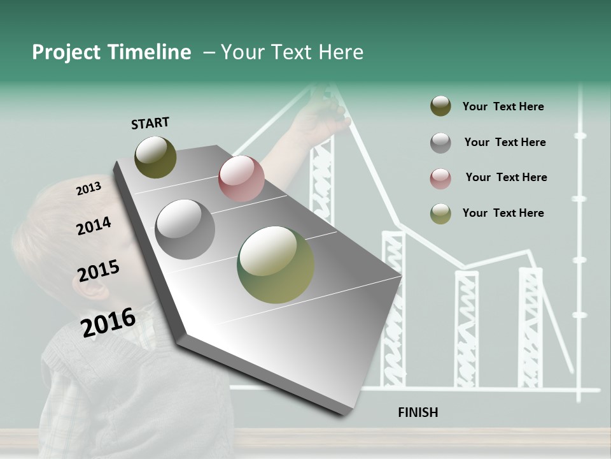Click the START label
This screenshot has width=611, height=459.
coord(150,123)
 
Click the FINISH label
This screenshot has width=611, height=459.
coord(418,412)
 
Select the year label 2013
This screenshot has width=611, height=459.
coord(88,189)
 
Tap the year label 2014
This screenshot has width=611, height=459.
coord(94,226)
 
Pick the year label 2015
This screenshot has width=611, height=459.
coord(99,271)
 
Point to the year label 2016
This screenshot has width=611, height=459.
coord(108,322)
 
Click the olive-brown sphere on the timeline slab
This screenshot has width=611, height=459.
coord(155,157)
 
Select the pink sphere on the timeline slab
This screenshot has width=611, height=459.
coord(241,178)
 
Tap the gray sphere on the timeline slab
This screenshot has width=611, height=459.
coord(185,229)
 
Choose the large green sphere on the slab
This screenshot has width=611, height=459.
coord(276,265)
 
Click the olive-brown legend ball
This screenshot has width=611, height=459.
coord(440,106)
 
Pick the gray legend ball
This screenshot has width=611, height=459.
coord(440,143)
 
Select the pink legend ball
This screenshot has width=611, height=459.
coord(440,178)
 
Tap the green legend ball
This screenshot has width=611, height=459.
coord(440,214)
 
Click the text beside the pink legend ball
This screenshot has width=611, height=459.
coord(506,177)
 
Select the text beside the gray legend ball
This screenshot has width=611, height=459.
coord(505,142)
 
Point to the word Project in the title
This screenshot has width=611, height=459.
coord(67,52)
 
